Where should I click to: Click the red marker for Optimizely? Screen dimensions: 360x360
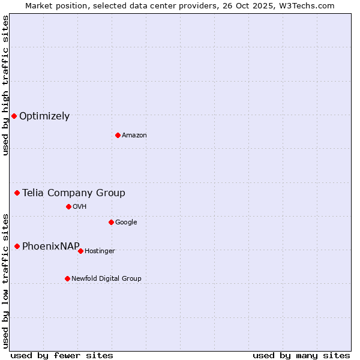pos(14,116)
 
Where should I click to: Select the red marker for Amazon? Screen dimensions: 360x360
pos(118,135)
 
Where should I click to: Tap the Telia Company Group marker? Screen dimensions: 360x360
pos(17,193)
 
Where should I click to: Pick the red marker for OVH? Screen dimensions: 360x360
pos(68,206)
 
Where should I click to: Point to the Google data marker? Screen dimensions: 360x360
pos(111,222)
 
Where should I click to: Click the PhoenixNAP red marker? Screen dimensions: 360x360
pos(17,246)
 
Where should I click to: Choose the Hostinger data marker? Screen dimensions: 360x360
pos(80,251)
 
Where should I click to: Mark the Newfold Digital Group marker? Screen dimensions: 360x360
pos(67,278)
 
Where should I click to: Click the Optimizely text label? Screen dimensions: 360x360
pos(44,116)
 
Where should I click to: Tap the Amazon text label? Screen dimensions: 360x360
pos(134,136)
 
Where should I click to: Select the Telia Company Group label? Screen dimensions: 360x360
pos(74,193)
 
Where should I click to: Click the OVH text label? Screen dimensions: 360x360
pos(80,207)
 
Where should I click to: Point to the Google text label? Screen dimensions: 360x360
pos(126,223)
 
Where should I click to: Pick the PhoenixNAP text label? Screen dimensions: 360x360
pos(51,247)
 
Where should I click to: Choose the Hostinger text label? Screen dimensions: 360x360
pos(100,251)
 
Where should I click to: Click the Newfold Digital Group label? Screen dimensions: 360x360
pos(106,279)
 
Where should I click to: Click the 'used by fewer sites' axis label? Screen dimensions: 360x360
pos(62,355)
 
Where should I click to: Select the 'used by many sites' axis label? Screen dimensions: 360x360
pos(301,355)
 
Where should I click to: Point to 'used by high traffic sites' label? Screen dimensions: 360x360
pos(5,85)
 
